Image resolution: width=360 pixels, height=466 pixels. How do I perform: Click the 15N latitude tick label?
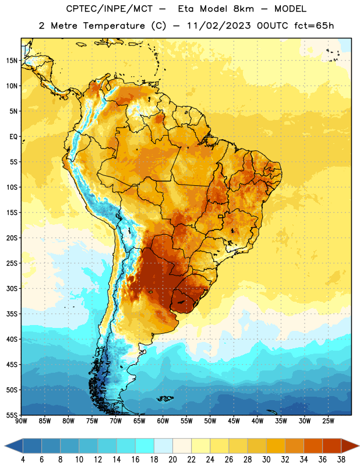pos(12,61)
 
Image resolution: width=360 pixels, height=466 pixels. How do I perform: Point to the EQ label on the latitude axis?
pos(13,137)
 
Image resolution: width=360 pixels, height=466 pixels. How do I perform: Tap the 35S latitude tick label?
pos(12,314)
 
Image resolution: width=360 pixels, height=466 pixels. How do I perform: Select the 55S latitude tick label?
pos(12,415)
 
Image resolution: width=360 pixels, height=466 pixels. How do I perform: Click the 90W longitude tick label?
pos(21,421)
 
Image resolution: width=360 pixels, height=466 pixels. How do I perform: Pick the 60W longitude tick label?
pos(163,421)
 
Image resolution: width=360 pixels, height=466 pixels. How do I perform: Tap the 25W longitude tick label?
pos(328,421)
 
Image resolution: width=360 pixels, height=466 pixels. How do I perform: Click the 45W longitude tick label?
pos(234,421)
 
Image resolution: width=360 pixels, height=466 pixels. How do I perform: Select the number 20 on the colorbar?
pos(172,460)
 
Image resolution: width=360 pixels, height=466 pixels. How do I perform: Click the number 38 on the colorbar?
pos(341,460)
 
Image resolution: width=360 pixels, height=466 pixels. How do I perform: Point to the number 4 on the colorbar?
pos(23,460)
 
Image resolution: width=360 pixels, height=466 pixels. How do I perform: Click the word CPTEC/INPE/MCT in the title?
pos(110,9)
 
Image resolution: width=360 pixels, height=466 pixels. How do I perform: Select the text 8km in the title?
pos(243,9)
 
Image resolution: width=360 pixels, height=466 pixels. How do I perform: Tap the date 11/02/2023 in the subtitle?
pos(218,26)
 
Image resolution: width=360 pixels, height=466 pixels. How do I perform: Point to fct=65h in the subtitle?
pos(314,26)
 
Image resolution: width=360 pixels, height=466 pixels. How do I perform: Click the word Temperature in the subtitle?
pos(114,26)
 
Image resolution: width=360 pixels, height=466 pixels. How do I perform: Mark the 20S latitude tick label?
pos(12,238)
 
